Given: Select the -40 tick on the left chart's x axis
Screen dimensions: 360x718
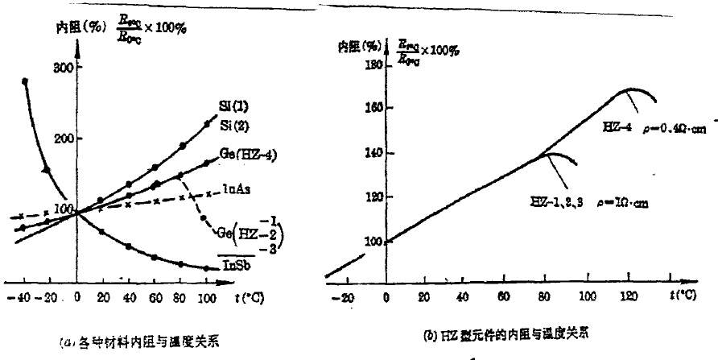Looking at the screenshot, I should click(x=21, y=297).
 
